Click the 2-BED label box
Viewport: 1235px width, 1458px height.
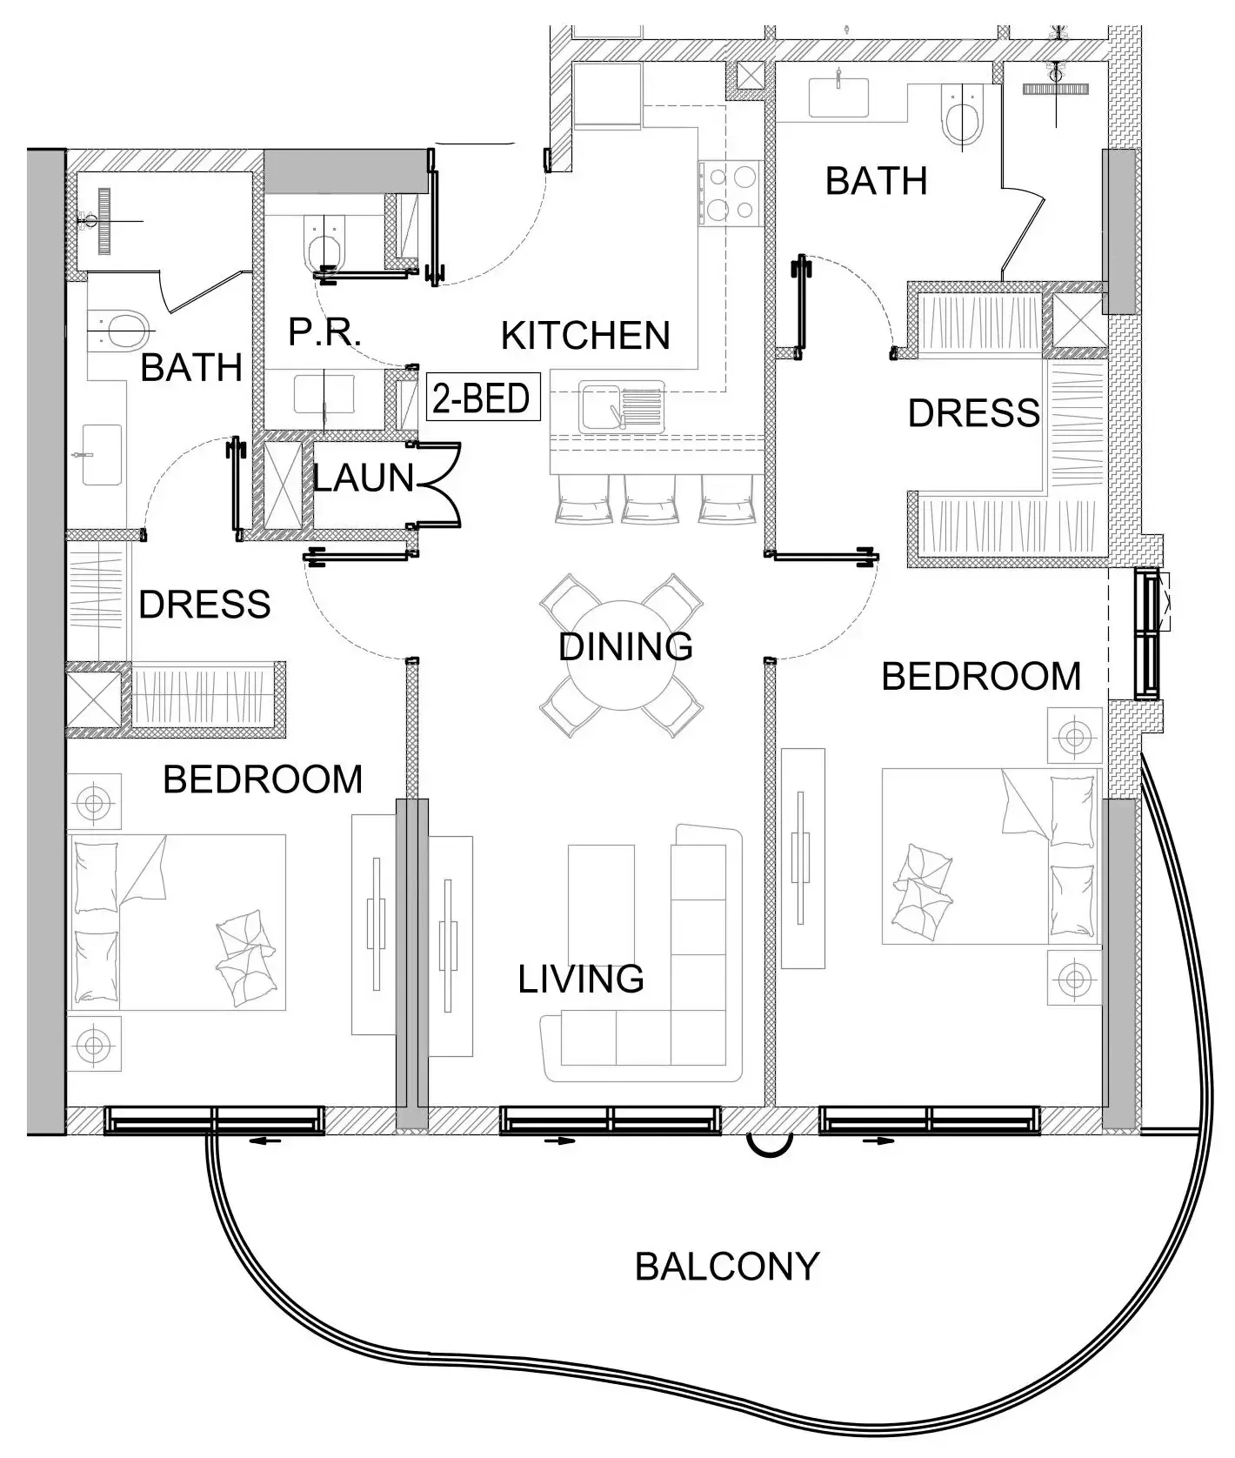tap(482, 398)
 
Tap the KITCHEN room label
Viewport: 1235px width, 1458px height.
tap(585, 336)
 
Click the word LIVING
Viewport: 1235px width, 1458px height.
tap(581, 980)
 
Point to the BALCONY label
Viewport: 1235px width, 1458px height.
tap(727, 1267)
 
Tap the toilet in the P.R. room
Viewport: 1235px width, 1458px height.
tap(324, 242)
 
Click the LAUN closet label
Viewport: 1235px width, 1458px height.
tap(364, 478)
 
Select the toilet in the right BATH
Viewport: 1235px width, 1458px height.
tap(963, 119)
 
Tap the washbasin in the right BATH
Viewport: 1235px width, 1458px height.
tap(838, 97)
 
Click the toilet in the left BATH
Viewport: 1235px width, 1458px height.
tap(120, 329)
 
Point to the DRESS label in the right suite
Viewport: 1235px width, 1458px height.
tap(973, 413)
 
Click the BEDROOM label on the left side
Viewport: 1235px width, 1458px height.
tap(263, 779)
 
